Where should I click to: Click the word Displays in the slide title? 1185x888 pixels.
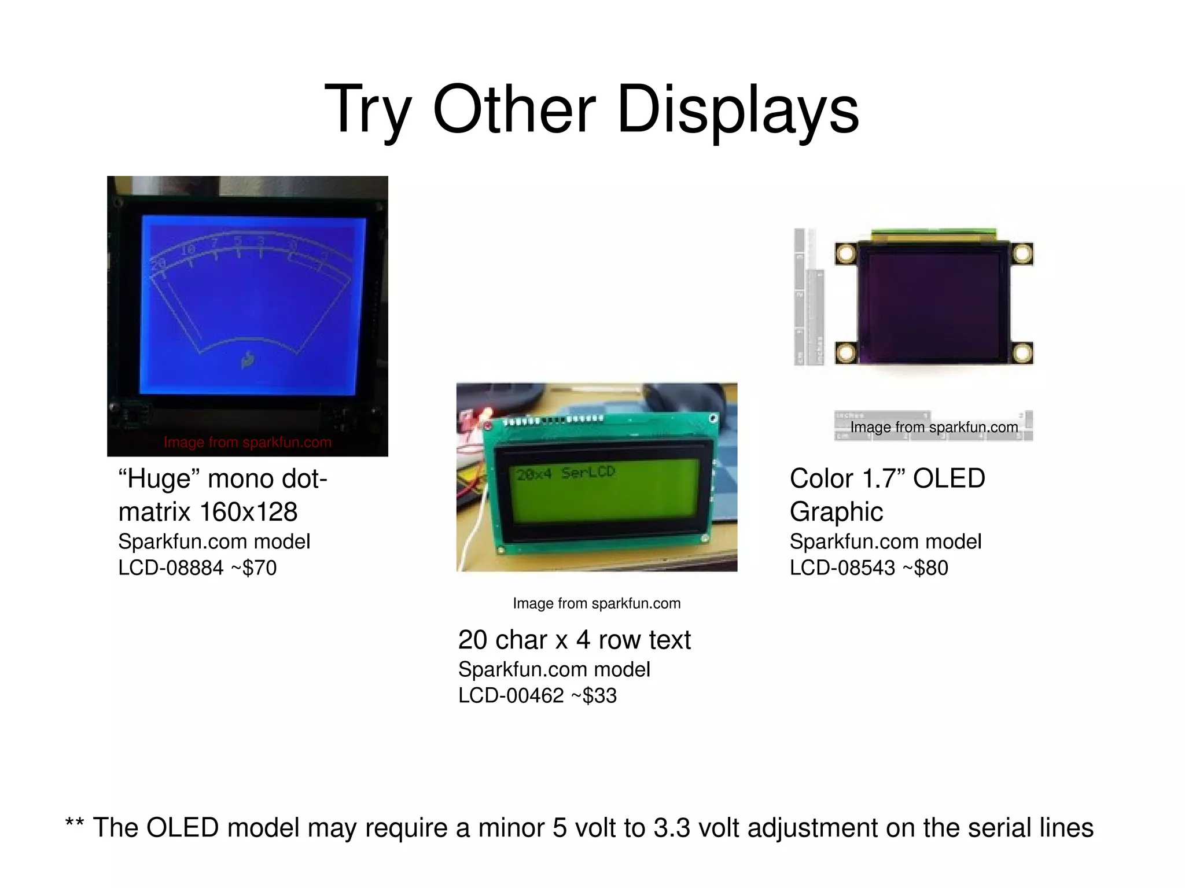coord(738,110)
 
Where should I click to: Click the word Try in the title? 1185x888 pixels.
coord(368,110)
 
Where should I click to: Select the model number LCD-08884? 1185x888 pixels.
coord(171,568)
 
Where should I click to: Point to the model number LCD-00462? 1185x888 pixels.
coord(511,695)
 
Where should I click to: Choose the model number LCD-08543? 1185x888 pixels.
coord(842,568)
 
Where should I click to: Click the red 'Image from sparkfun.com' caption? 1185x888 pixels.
coord(248,443)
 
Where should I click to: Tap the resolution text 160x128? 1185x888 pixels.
coord(248,512)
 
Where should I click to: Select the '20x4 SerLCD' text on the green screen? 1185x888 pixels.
coord(565,473)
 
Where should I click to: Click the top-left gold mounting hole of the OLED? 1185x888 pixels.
coord(846,253)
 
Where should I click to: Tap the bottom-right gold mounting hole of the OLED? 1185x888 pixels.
coord(1022,352)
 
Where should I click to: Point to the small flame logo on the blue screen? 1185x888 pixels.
coord(248,360)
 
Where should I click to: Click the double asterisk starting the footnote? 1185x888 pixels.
coord(74,824)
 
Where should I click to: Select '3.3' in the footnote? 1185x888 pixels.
coord(672,828)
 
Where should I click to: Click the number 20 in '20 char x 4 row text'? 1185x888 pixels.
coord(472,640)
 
